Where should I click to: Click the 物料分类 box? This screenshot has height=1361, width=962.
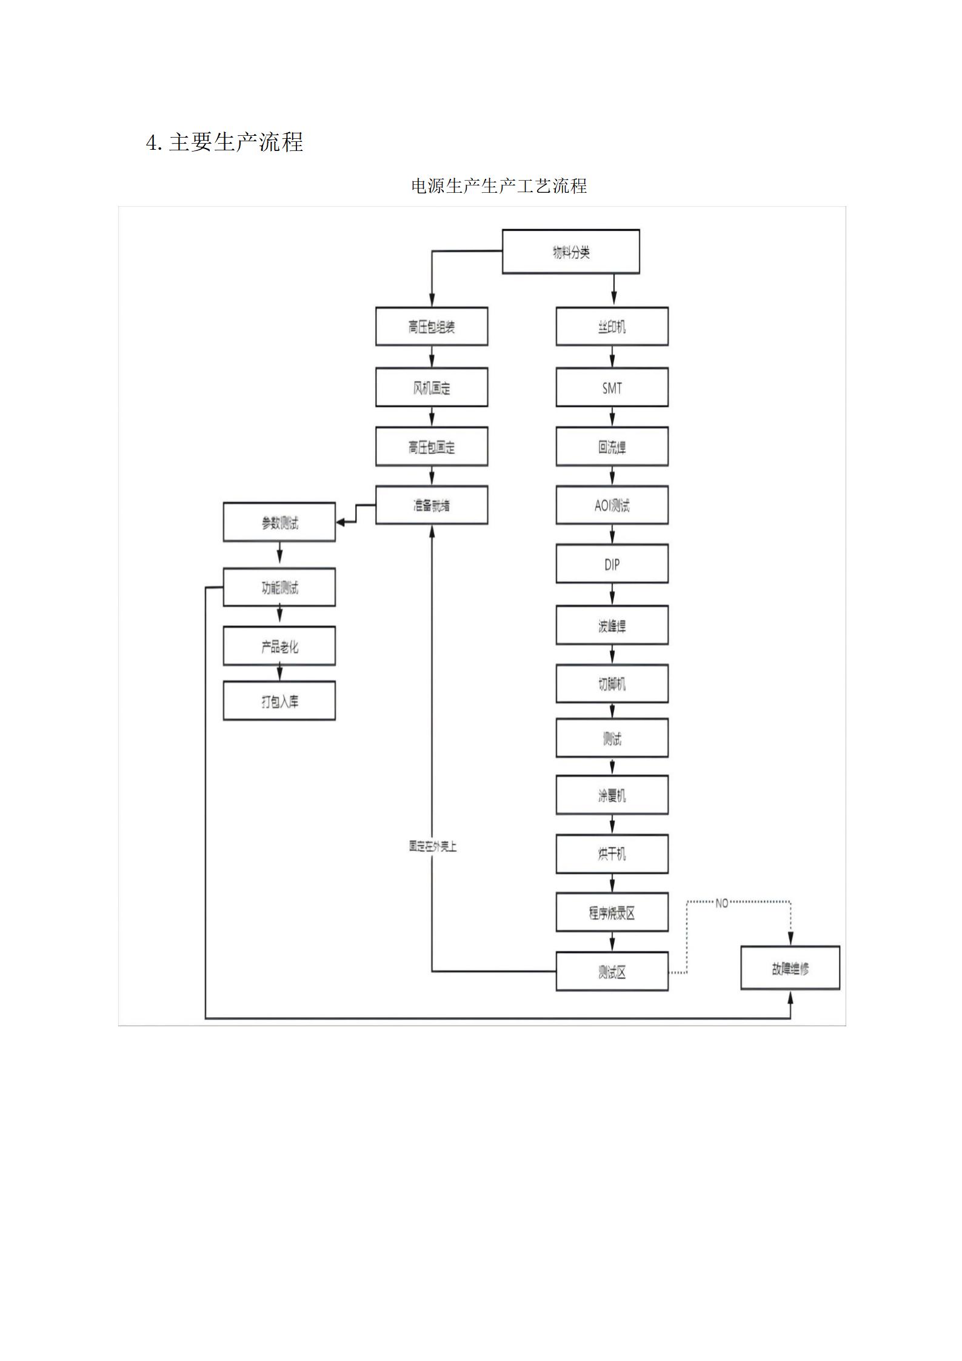click(570, 252)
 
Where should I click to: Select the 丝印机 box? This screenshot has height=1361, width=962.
click(612, 327)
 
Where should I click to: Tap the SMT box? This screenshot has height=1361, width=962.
click(612, 387)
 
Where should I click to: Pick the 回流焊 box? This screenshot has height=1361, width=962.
click(612, 447)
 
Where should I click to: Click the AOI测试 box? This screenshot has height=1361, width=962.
click(612, 505)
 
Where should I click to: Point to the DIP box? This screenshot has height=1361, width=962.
click(612, 564)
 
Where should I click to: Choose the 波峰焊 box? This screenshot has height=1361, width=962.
click(612, 625)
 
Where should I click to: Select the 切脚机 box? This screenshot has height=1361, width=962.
click(612, 684)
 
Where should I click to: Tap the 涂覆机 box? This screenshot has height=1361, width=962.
click(612, 795)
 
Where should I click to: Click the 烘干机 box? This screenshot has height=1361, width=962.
click(612, 854)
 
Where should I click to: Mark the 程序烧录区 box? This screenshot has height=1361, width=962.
click(612, 912)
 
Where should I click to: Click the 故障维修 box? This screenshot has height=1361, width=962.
click(790, 968)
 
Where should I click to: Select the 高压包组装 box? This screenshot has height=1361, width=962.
click(431, 327)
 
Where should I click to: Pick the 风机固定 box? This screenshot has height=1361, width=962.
click(431, 387)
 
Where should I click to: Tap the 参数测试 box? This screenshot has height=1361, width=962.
click(279, 523)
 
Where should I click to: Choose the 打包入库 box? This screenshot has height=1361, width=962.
click(279, 701)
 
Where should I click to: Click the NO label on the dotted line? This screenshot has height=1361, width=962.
click(721, 903)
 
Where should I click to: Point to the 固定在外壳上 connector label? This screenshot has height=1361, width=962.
click(432, 846)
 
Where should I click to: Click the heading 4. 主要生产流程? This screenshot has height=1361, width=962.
click(224, 142)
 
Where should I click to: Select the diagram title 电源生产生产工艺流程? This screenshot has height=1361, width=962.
click(498, 186)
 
